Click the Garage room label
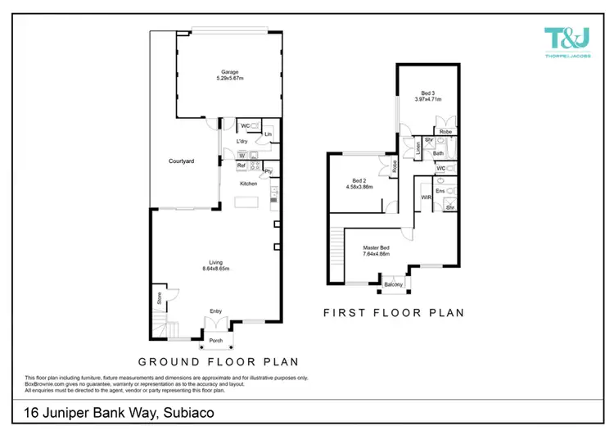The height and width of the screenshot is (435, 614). (x=217, y=71)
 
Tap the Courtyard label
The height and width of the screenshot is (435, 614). (x=181, y=161)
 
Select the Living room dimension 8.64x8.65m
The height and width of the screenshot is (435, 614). (x=216, y=269)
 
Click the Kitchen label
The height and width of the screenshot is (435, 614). (x=249, y=184)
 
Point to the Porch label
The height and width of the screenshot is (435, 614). (x=216, y=340)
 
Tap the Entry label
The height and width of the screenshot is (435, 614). (x=216, y=311)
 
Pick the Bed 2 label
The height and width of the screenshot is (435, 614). (x=359, y=180)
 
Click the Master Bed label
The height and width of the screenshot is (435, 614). (x=377, y=247)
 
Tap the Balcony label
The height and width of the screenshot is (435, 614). (x=393, y=284)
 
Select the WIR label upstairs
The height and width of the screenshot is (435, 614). (x=426, y=197)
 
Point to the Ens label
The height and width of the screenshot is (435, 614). (x=439, y=192)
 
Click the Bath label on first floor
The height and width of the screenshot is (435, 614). (x=438, y=153)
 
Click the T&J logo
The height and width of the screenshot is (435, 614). (x=567, y=39)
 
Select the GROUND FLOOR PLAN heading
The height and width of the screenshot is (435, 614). (x=217, y=361)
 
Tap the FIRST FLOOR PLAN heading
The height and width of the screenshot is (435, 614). (x=394, y=312)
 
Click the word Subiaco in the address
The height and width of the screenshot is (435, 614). (x=189, y=414)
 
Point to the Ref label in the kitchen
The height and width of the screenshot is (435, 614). (x=242, y=165)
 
